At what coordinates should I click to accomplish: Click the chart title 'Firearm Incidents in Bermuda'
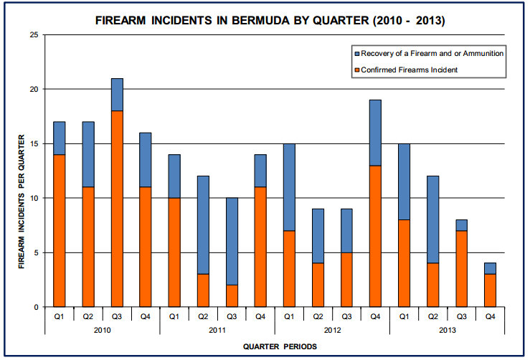[x=270, y=21]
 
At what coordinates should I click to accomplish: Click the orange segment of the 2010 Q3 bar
[x=117, y=208]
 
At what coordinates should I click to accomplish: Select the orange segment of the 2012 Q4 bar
[x=375, y=236]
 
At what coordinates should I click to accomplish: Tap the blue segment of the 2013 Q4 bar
[x=490, y=268]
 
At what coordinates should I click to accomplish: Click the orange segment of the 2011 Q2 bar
[x=203, y=290]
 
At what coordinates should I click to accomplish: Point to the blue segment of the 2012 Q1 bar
[x=289, y=186]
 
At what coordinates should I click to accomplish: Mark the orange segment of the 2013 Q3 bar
[x=461, y=269]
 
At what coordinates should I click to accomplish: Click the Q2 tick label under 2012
[x=318, y=315]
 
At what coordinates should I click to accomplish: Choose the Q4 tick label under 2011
[x=260, y=315]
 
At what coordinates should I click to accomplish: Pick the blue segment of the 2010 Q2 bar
[x=88, y=154]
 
